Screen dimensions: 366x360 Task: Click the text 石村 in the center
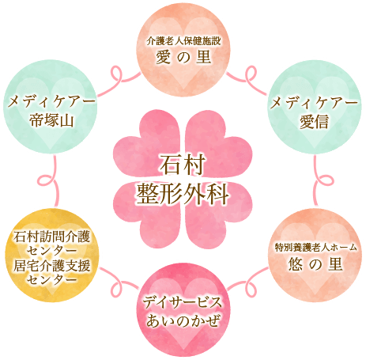183,165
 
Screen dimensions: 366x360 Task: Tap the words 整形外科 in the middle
183,194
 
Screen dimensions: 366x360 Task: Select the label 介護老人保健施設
183,41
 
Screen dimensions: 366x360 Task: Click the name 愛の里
183,57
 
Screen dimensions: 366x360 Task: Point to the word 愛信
314,122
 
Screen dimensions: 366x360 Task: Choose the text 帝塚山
51,120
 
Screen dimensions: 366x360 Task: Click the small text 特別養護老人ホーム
315,248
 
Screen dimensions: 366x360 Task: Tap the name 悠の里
315,263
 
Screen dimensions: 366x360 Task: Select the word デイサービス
183,302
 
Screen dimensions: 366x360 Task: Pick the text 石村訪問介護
51,237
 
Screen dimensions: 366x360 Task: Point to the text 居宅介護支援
51,265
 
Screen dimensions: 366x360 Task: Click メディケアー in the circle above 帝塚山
51,102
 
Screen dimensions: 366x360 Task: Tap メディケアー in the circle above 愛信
314,103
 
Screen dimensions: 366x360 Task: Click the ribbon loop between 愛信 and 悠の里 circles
324,180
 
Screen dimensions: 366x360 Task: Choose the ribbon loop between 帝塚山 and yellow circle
45,180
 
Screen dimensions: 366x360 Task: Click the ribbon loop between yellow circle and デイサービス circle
116,282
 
